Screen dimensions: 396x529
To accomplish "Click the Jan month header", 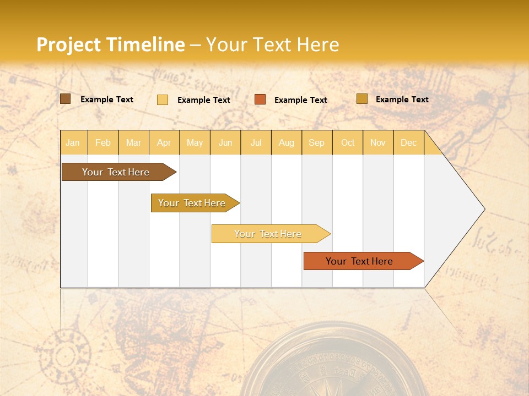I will pyautogui.click(x=73, y=142).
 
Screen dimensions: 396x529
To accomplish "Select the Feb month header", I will pyautogui.click(x=103, y=142).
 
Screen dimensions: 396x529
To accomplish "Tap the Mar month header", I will pyautogui.click(x=133, y=142).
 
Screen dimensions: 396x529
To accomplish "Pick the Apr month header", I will pyautogui.click(x=164, y=142).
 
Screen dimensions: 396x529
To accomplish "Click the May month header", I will pyautogui.click(x=195, y=142).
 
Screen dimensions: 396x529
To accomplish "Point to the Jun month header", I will pyautogui.click(x=225, y=142).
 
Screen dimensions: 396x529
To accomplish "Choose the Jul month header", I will pyautogui.click(x=256, y=142).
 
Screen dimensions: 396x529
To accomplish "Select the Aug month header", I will pyautogui.click(x=287, y=142).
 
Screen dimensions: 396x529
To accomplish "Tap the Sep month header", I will pyautogui.click(x=317, y=142).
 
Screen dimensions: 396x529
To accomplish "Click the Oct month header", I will pyautogui.click(x=348, y=142).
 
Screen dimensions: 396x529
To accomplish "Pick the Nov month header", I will pyautogui.click(x=378, y=142).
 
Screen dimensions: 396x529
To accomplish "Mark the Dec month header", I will pyautogui.click(x=409, y=142).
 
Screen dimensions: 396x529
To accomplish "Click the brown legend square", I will pyautogui.click(x=66, y=99).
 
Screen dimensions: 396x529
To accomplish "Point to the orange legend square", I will pyautogui.click(x=260, y=100).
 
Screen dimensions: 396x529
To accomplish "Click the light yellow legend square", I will pyautogui.click(x=163, y=100).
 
